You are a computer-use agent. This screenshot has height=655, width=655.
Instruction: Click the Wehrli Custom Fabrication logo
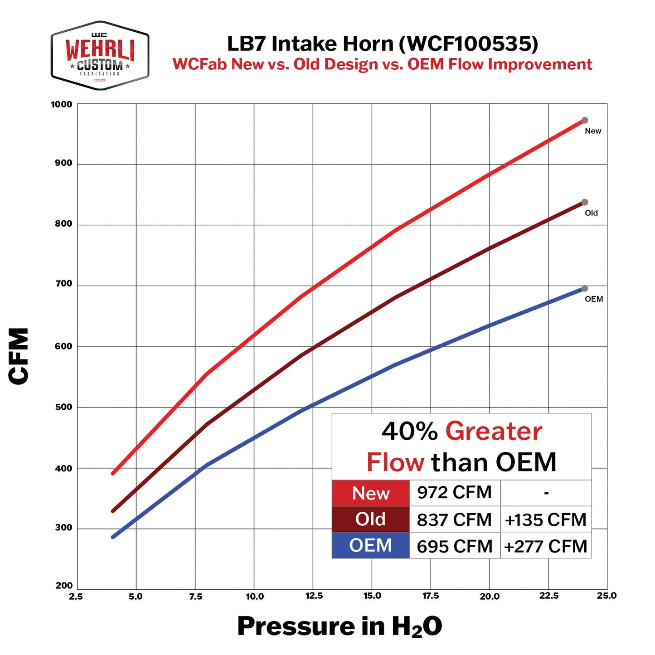[100, 55]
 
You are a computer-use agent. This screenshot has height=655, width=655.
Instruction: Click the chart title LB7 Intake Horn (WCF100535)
[382, 44]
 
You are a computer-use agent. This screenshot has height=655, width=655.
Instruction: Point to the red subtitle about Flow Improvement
[382, 64]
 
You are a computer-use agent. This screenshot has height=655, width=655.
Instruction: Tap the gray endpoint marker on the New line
[585, 121]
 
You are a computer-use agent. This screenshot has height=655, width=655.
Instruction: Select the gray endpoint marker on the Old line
[585, 202]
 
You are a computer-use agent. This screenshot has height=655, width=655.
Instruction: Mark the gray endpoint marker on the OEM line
[585, 289]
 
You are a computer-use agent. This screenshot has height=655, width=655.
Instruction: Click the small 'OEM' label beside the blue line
[593, 299]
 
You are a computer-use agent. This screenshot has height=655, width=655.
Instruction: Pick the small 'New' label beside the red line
[592, 131]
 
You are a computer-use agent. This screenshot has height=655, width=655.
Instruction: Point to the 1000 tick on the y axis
[62, 105]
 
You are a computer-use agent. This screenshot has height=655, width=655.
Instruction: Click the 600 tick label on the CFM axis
[63, 346]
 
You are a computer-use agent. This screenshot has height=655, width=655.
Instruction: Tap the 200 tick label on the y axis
[64, 586]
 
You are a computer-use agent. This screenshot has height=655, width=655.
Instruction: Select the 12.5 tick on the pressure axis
[314, 596]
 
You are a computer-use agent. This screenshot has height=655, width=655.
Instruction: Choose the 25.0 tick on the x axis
[606, 596]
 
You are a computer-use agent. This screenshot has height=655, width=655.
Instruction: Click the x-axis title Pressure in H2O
[340, 627]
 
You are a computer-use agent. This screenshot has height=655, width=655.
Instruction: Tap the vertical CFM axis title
[19, 356]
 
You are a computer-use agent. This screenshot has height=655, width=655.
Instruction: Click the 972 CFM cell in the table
[454, 493]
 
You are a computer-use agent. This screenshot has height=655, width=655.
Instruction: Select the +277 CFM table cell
[545, 547]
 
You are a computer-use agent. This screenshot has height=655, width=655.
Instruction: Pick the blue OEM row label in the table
[370, 545]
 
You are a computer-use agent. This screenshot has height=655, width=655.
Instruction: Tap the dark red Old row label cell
[370, 519]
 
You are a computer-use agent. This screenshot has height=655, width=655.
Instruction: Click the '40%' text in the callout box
[409, 431]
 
